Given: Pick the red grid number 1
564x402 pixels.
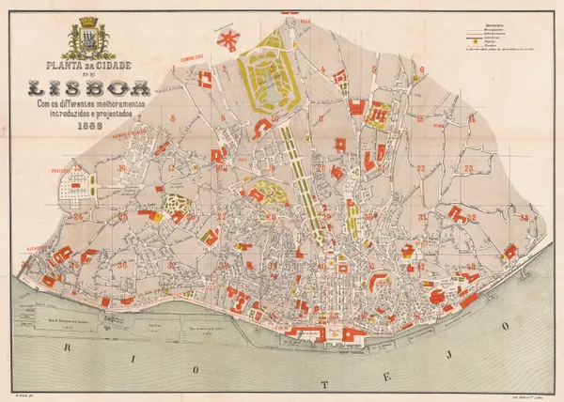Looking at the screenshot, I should click(x=174, y=69).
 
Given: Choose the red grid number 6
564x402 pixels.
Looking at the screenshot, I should click(x=422, y=69).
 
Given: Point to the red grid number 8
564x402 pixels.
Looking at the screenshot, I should click(x=172, y=118).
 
